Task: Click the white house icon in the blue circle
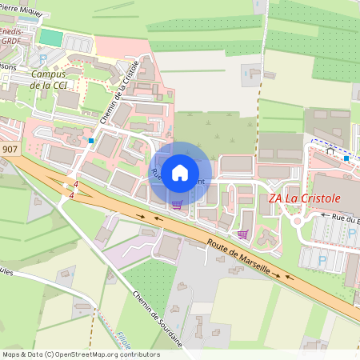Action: [x=180, y=173]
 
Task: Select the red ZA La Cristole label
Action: [x=304, y=198]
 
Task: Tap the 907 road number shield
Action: [x=10, y=150]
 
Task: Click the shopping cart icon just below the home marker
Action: [x=176, y=205]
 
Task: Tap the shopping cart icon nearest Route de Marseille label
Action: [x=242, y=234]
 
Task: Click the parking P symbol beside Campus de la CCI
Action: [x=42, y=59]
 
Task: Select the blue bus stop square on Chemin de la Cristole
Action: [x=92, y=141]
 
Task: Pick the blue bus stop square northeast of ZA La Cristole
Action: [x=346, y=158]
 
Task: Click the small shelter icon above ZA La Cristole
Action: [x=329, y=150]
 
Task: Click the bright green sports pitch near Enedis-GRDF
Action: [x=50, y=37]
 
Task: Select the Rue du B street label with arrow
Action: [x=340, y=217]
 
